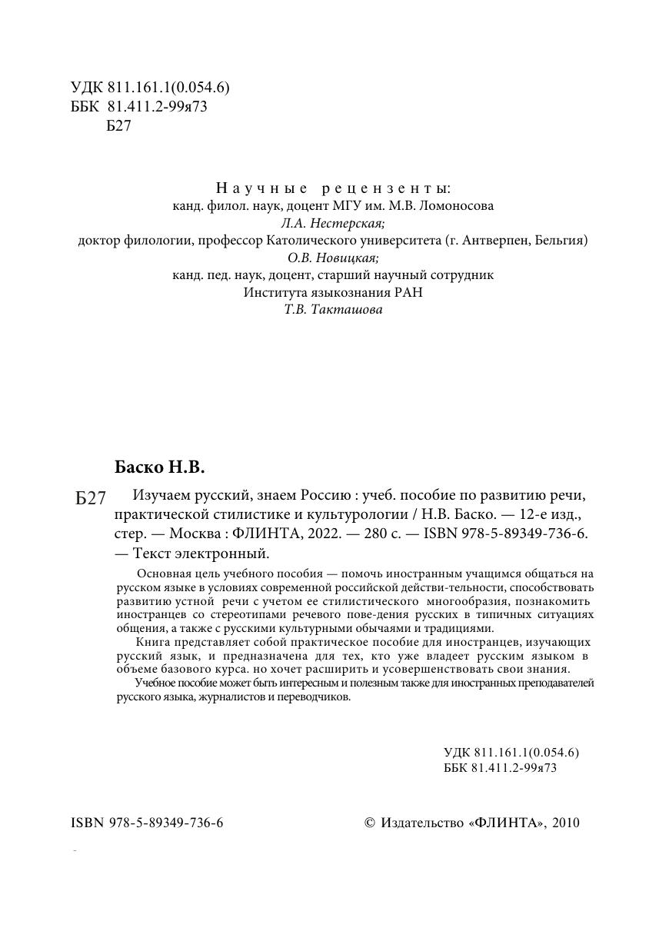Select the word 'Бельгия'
560,241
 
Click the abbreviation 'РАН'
408,293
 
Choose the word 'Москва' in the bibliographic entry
196,534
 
